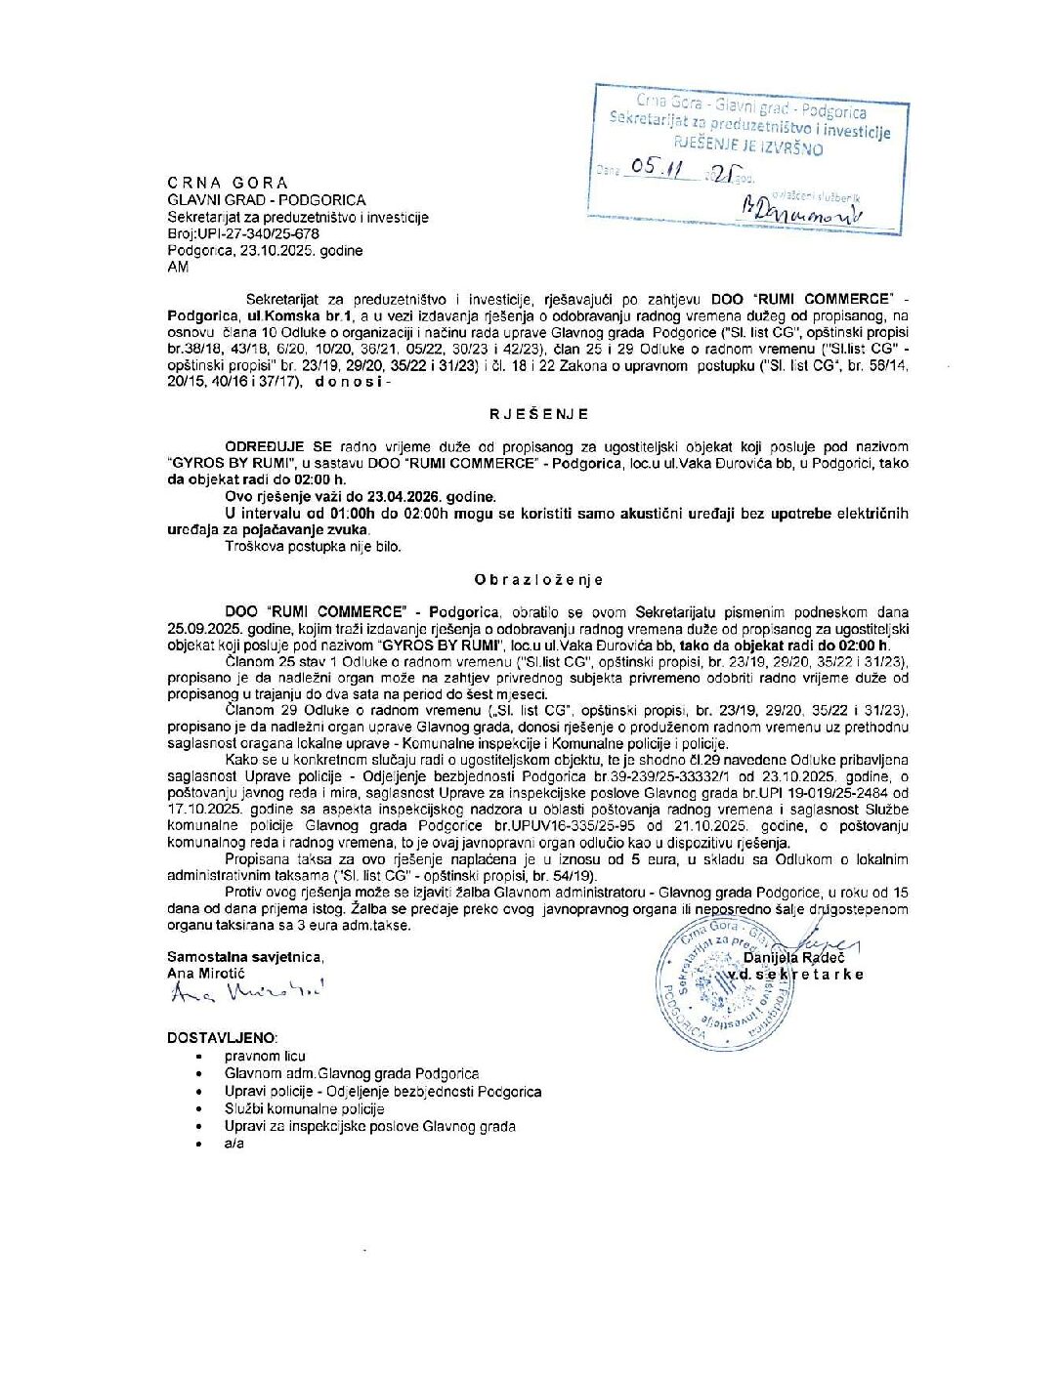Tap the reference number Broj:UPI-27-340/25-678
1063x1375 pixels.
point(243,234)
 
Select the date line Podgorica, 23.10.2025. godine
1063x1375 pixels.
point(265,251)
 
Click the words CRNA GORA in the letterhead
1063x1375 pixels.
point(228,183)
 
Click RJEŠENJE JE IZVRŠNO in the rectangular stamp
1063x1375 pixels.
point(748,147)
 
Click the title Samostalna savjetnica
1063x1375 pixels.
point(244,957)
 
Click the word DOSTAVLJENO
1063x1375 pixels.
point(222,1038)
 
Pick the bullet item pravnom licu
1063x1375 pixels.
point(265,1056)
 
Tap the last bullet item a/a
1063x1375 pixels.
point(234,1143)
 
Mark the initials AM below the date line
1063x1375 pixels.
point(178,267)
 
